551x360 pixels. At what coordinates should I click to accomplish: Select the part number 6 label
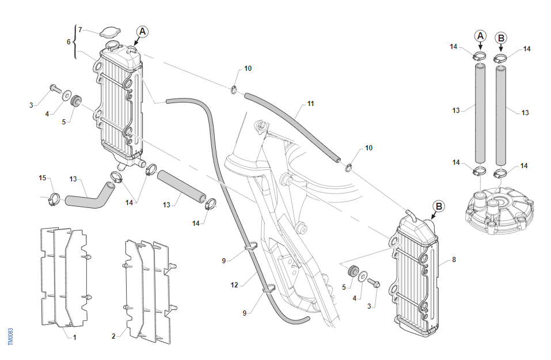(69, 42)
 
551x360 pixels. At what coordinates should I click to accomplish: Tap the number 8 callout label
(454, 260)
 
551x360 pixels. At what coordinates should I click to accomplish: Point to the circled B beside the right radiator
(439, 206)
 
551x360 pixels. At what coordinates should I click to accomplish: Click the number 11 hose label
(310, 104)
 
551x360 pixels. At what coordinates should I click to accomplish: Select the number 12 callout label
(234, 285)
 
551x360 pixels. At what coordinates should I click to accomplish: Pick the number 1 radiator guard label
(74, 337)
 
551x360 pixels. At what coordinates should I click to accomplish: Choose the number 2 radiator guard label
(113, 335)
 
